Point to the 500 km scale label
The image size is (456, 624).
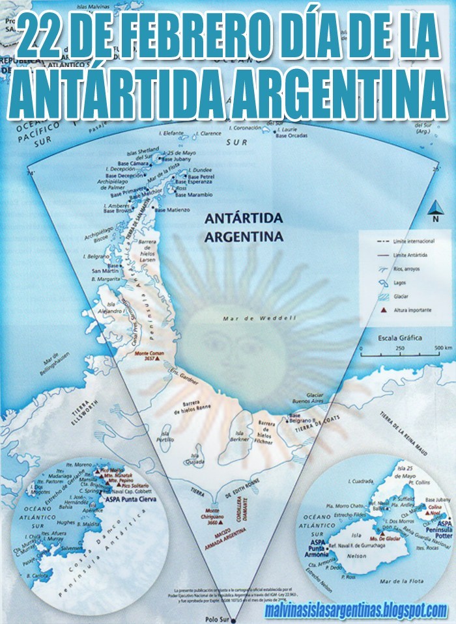coord(427,349)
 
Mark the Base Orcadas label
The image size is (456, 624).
coord(291,136)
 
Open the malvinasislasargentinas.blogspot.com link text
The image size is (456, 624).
coord(356,610)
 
